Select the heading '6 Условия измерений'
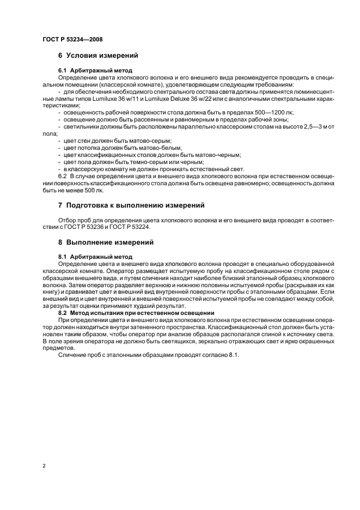click(97, 56)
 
